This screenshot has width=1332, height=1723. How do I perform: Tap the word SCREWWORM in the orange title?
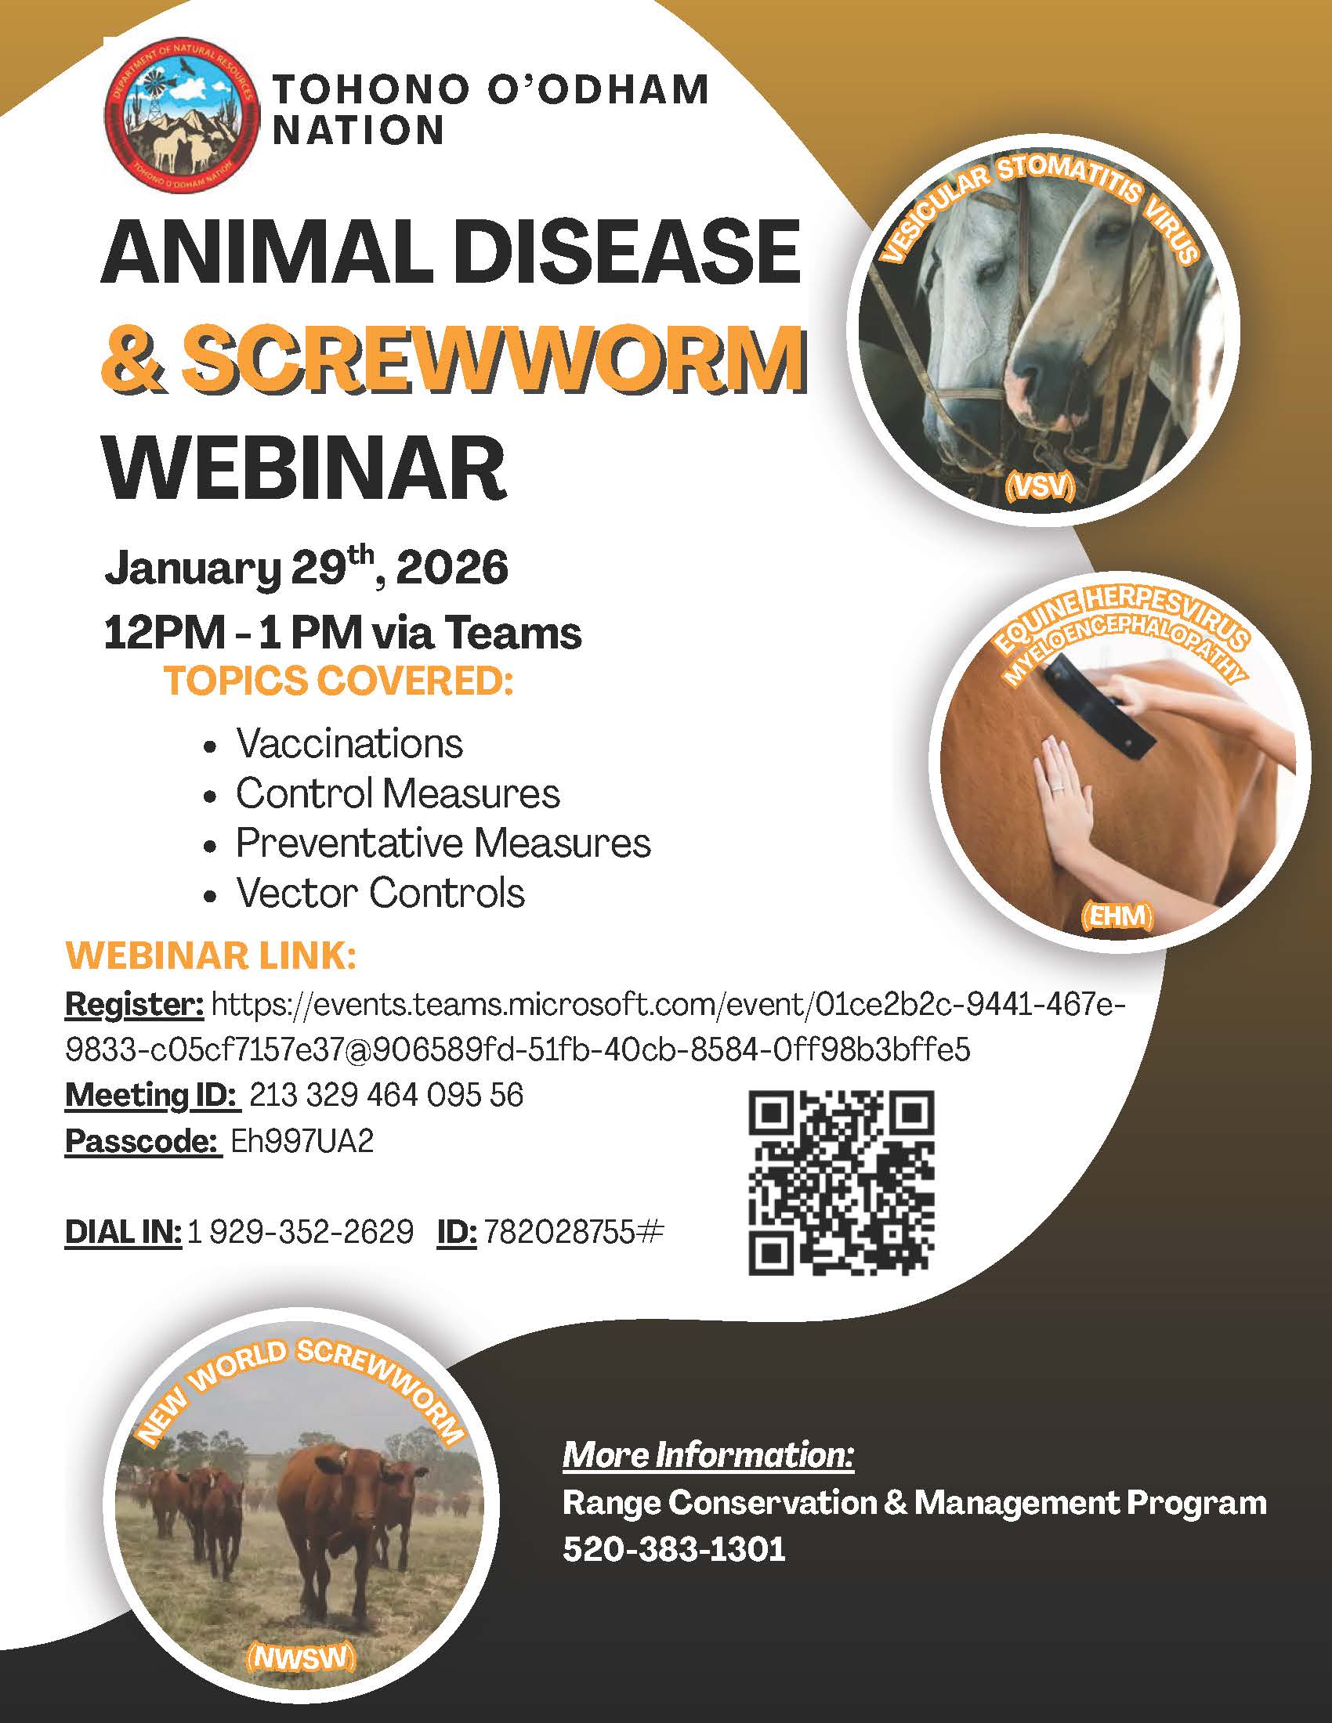[494, 359]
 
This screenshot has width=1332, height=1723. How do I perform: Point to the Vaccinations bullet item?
[349, 743]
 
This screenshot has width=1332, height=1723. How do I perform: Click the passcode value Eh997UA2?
[302, 1142]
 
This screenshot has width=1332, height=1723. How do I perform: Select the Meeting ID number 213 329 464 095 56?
[385, 1095]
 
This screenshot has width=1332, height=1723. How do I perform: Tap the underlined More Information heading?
[708, 1455]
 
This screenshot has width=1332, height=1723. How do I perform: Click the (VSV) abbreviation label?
[1040, 489]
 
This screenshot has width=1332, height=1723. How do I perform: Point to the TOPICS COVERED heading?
[338, 681]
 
